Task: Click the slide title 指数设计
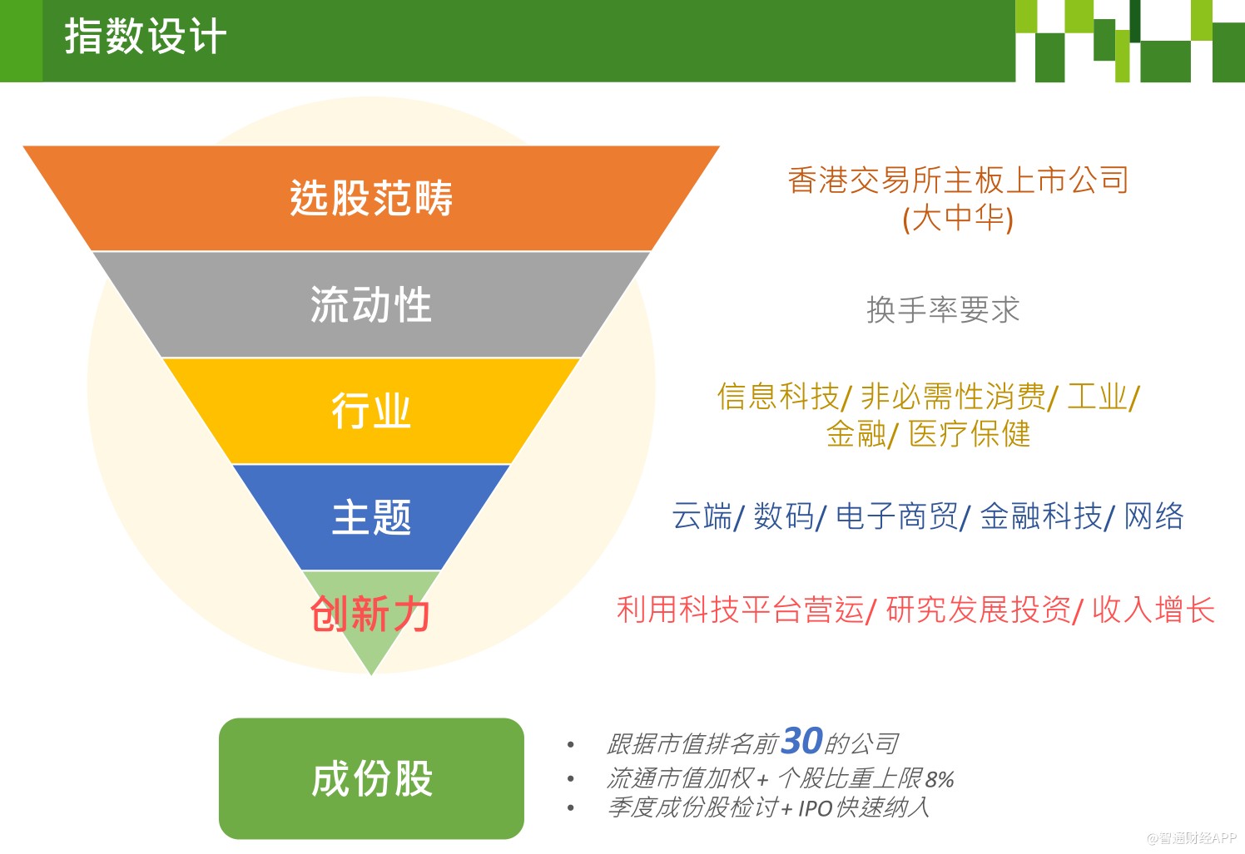click(145, 37)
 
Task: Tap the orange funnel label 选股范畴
click(371, 198)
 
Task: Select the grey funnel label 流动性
click(371, 304)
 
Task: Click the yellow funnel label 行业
click(371, 411)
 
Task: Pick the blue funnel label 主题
click(371, 517)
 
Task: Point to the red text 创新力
click(370, 615)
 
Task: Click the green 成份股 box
click(371, 778)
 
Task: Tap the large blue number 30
click(801, 741)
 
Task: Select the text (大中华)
click(958, 218)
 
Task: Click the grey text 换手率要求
click(943, 310)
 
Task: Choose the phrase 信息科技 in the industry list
click(778, 397)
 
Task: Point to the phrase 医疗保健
click(970, 434)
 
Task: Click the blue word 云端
click(702, 516)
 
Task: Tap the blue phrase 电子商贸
click(896, 516)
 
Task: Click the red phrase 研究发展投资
click(978, 610)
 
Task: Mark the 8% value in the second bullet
click(939, 780)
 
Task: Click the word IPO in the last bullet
click(815, 808)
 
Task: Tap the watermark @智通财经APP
click(1191, 838)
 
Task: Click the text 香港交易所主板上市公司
click(958, 180)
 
